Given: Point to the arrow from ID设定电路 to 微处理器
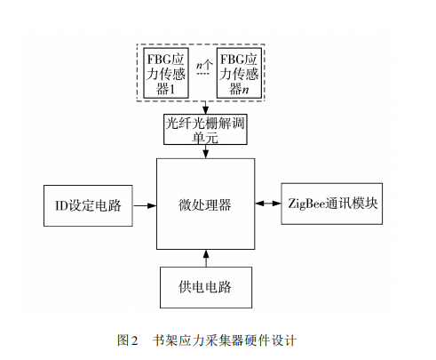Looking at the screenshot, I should click(x=144, y=205).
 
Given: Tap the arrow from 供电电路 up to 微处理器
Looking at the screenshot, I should click(x=205, y=257).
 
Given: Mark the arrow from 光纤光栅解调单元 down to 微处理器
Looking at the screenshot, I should click(x=205, y=154).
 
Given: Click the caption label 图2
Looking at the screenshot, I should click(x=130, y=339).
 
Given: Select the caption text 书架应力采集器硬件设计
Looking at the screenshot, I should click(x=224, y=339).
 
